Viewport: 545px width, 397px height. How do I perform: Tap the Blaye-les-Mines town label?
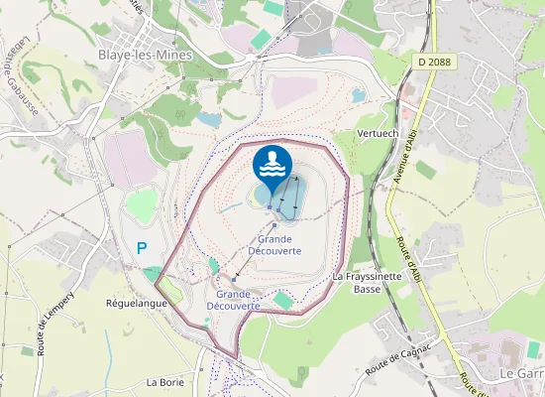point(138,56)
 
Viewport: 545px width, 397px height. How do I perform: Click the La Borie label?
point(165,381)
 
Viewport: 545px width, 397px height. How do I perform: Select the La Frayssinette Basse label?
point(367,282)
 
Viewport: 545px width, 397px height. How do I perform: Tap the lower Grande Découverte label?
point(238,300)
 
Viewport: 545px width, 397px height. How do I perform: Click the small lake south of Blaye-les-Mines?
point(208,119)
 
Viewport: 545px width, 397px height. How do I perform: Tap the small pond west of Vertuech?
point(358,96)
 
